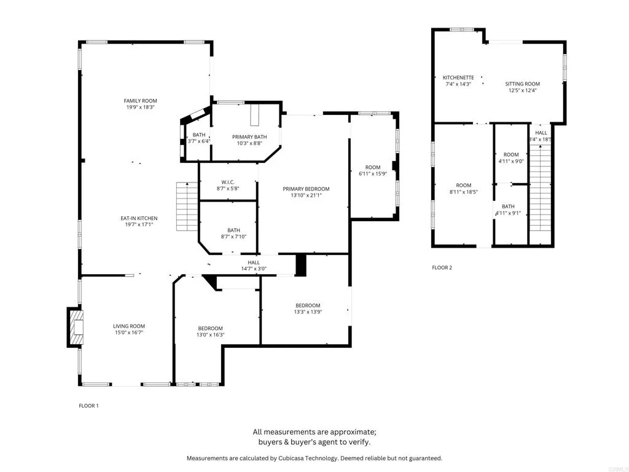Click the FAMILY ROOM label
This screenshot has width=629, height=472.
point(140,101)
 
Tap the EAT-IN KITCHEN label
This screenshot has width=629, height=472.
point(139,218)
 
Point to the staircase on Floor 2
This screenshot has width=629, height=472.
point(541,191)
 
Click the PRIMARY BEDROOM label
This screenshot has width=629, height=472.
point(306,189)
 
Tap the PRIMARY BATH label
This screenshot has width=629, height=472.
point(249,136)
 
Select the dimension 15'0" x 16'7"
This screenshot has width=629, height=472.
point(128,333)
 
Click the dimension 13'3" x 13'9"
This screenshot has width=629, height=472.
point(307,312)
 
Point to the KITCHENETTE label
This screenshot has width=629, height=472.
point(458,77)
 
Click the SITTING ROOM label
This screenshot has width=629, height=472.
point(522,84)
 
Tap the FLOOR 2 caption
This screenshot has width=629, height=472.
point(442,267)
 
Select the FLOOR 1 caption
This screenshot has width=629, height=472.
point(88,406)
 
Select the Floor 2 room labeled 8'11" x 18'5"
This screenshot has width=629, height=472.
point(463,186)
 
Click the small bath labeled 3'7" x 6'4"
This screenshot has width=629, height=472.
point(199,135)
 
